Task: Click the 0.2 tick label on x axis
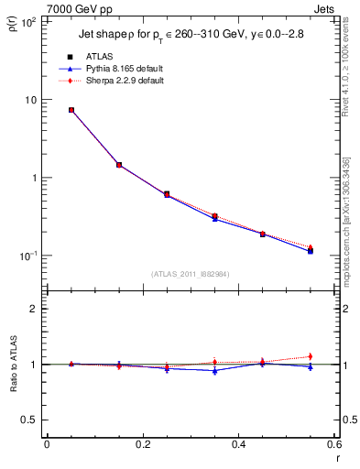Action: pyautogui.click(x=143, y=444)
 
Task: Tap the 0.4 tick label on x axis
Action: pyautogui.click(x=239, y=444)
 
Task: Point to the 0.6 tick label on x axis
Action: pyautogui.click(x=334, y=444)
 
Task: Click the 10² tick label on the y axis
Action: pyautogui.click(x=27, y=22)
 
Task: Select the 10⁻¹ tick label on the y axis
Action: pyautogui.click(x=27, y=256)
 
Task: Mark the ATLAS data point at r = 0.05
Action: pyautogui.click(x=71, y=110)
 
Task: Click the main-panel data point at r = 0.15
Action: pyautogui.click(x=119, y=165)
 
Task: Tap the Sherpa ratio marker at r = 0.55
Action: pyautogui.click(x=310, y=356)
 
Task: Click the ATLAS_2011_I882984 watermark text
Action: pyautogui.click(x=190, y=274)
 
